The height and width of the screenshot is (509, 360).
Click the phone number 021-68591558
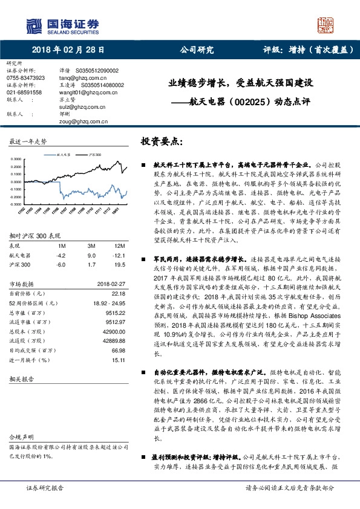click(x=24, y=92)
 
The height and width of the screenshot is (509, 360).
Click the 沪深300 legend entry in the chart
click(x=94, y=155)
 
